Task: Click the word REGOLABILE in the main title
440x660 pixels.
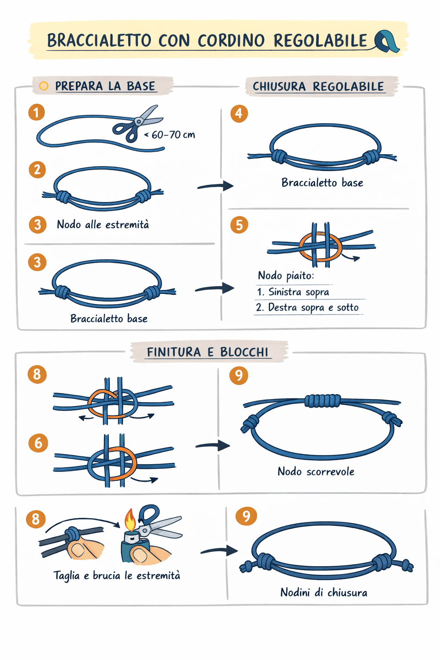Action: tap(320, 41)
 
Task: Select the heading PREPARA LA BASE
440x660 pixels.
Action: tap(105, 86)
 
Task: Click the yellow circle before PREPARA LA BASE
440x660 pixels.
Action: tap(43, 86)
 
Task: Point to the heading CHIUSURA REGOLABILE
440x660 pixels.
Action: tap(318, 86)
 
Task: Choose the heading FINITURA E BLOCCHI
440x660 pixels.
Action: tap(208, 352)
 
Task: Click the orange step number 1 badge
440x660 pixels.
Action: tap(37, 113)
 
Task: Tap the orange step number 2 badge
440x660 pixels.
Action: tap(37, 170)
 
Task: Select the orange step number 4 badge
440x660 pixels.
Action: tap(239, 113)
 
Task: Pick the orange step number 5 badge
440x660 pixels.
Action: tap(239, 225)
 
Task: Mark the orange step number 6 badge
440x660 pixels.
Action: tap(38, 443)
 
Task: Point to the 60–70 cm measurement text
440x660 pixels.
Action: tap(173, 135)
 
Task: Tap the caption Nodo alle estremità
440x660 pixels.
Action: tap(103, 224)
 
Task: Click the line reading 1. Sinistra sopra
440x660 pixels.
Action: tap(293, 292)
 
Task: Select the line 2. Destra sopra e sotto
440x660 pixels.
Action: tap(307, 308)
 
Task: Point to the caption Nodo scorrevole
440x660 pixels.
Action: tap(316, 472)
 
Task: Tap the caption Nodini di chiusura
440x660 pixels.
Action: tap(324, 593)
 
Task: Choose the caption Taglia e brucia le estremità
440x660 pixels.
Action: tap(117, 575)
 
